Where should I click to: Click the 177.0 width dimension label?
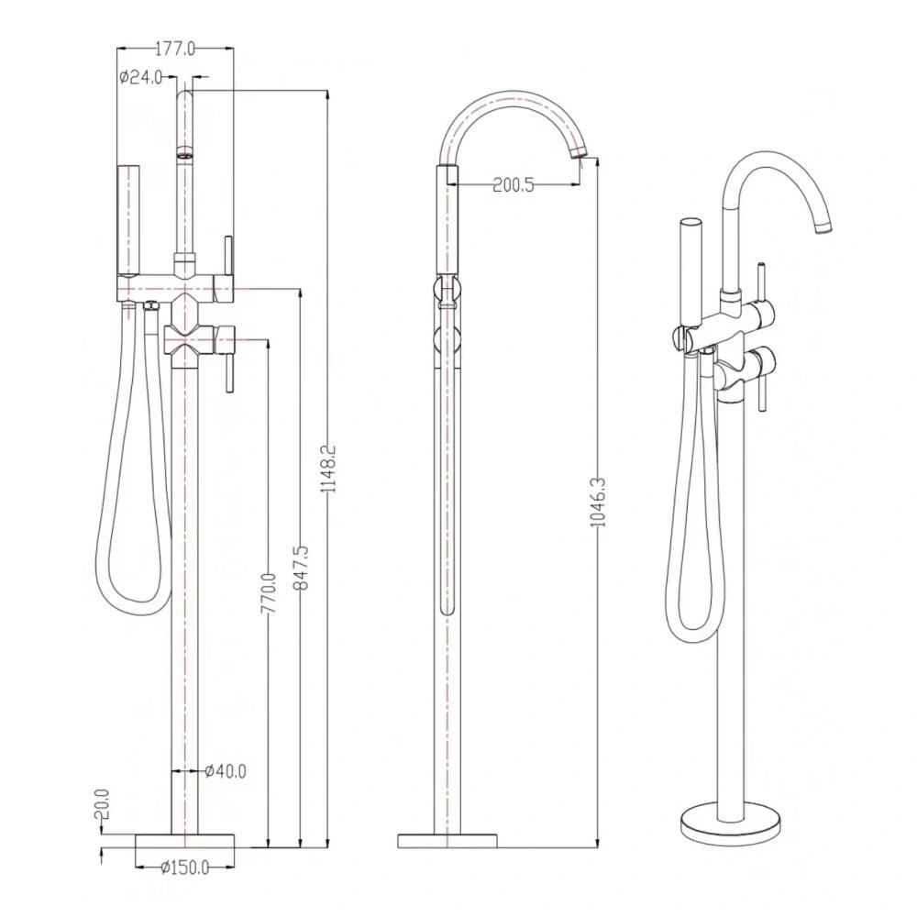[x=175, y=49]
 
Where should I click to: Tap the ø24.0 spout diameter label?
[x=140, y=77]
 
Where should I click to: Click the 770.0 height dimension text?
[x=269, y=593]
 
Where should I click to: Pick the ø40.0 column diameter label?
[x=226, y=771]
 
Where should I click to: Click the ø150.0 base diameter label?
[x=184, y=867]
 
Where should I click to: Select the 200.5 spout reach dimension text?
[x=514, y=185]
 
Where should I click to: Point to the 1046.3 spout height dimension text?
[x=598, y=502]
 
